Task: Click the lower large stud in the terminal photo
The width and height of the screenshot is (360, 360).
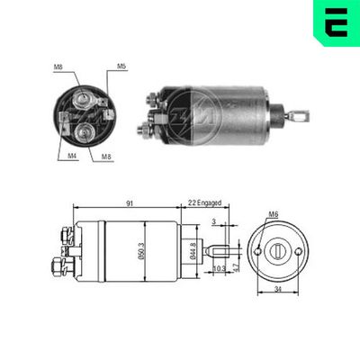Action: tap(85, 132)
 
